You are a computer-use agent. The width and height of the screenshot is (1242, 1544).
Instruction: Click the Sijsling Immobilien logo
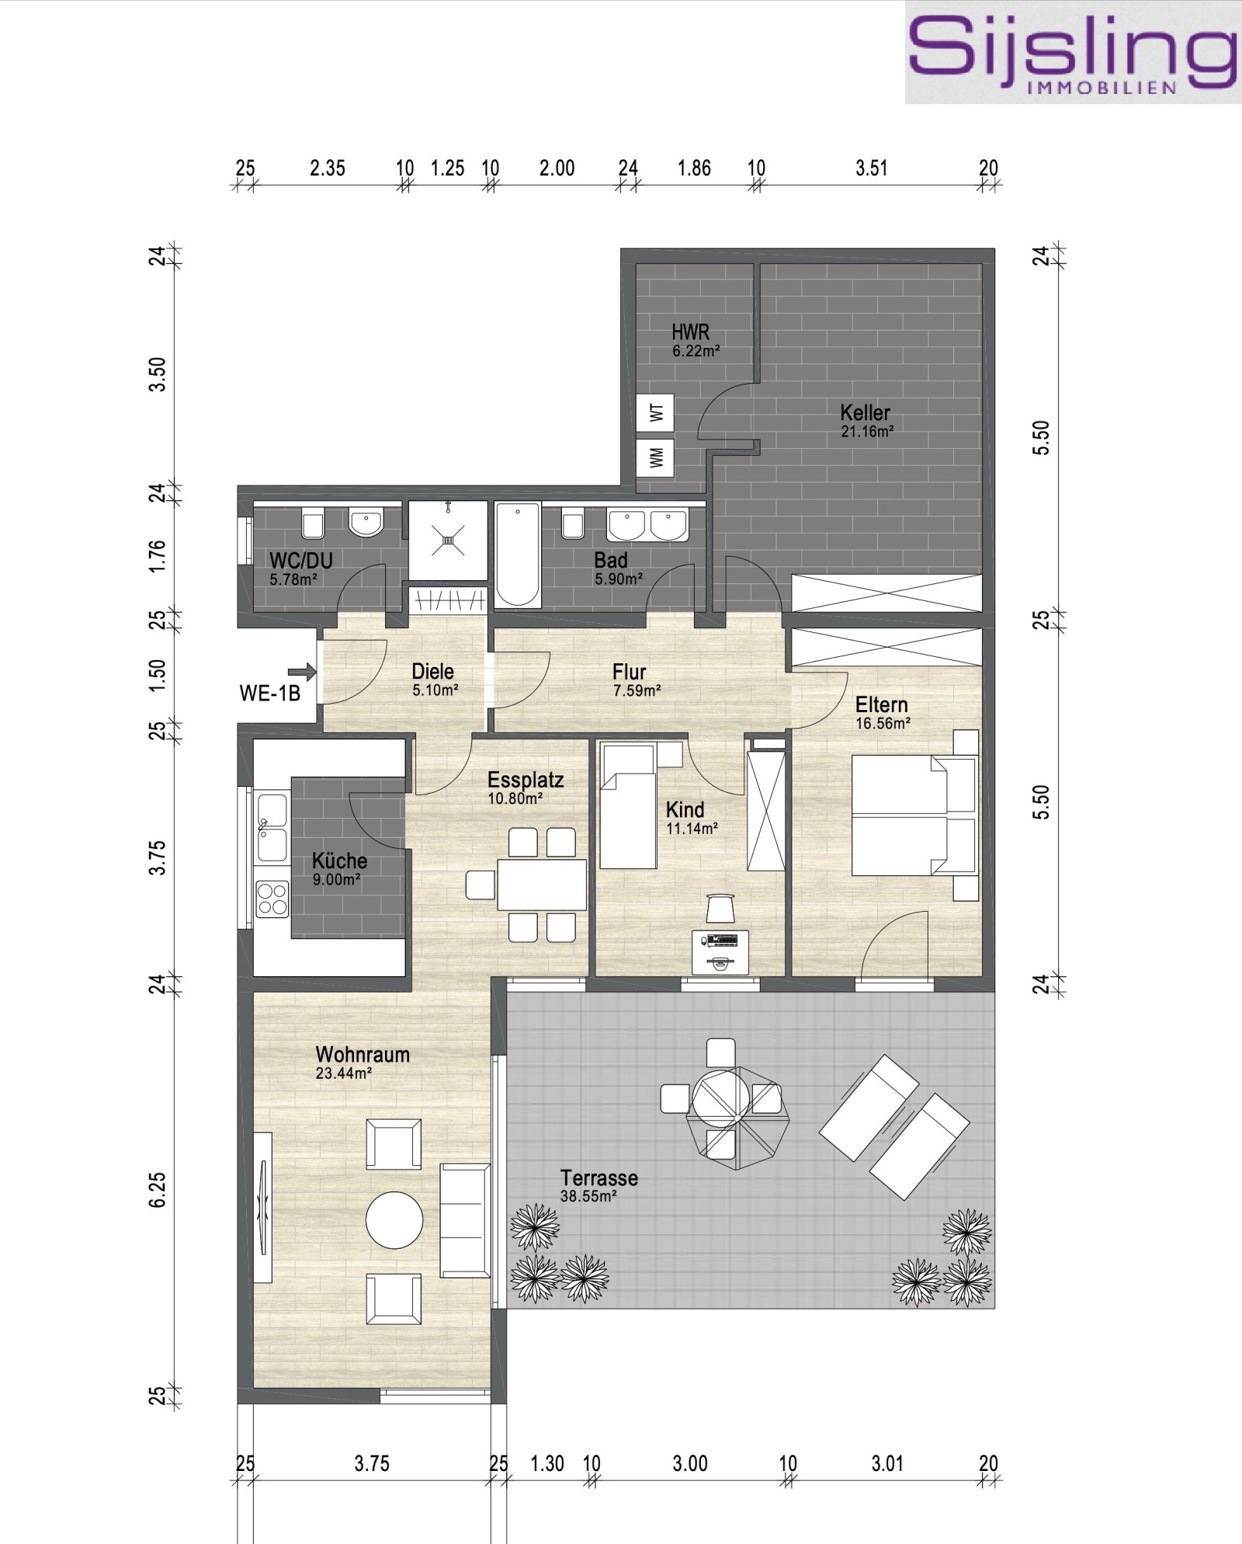tap(1072, 52)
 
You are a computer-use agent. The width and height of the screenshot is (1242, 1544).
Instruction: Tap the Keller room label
tap(865, 412)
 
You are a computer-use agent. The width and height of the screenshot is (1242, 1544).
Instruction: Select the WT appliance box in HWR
tap(656, 412)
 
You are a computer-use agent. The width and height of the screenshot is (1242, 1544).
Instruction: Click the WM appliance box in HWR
tap(656, 457)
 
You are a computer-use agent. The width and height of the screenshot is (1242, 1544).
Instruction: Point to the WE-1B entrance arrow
tap(301, 671)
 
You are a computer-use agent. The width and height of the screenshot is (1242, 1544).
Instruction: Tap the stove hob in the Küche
tap(272, 899)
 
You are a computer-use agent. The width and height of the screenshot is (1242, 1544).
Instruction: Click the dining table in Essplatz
tap(542, 884)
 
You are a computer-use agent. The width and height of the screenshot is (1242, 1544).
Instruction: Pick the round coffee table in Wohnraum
tap(394, 1220)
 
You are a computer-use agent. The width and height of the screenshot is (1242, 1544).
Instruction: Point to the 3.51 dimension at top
tap(871, 168)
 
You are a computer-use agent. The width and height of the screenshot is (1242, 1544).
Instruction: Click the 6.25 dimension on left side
tap(158, 1189)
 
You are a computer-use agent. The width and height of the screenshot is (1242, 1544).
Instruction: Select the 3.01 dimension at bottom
tap(886, 1464)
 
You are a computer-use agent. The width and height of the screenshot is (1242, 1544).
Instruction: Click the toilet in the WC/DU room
tap(313, 524)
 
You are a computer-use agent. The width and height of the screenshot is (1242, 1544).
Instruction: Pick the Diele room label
tap(432, 671)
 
